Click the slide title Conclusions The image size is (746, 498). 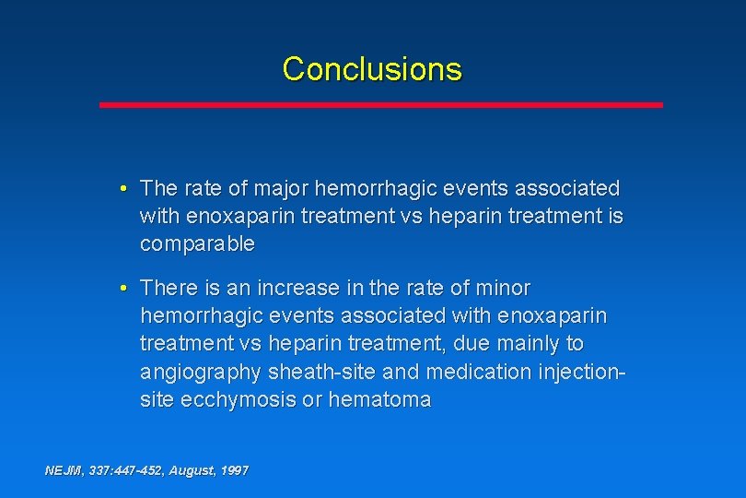click(x=372, y=69)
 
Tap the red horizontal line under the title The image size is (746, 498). click(x=380, y=105)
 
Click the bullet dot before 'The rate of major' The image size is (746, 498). click(x=123, y=189)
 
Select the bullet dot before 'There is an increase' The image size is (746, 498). click(x=123, y=288)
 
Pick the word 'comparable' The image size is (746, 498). click(x=197, y=244)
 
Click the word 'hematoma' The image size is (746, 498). click(x=379, y=399)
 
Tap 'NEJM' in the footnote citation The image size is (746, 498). click(x=64, y=470)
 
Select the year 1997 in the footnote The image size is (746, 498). click(x=234, y=470)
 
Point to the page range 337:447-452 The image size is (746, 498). click(x=124, y=470)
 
